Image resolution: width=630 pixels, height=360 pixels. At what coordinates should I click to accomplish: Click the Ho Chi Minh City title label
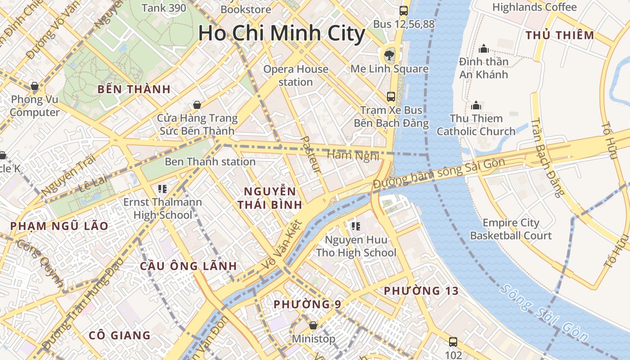pyautogui.click(x=282, y=34)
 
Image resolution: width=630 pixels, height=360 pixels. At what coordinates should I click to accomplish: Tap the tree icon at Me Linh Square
pyautogui.click(x=388, y=56)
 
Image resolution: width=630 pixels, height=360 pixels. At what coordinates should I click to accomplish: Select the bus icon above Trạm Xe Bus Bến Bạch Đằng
pyautogui.click(x=391, y=96)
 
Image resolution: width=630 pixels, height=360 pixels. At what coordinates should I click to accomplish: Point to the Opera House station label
pyautogui.click(x=296, y=76)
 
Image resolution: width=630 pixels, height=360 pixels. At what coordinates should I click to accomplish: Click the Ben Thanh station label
pyautogui.click(x=210, y=162)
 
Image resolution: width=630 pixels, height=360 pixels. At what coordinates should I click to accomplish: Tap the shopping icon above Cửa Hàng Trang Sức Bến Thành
pyautogui.click(x=197, y=105)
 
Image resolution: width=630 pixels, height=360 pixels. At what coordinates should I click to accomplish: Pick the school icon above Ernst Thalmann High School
pyautogui.click(x=162, y=189)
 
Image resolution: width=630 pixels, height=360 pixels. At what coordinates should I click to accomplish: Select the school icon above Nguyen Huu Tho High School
pyautogui.click(x=356, y=226)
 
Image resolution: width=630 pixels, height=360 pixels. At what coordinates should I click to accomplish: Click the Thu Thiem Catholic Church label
pyautogui.click(x=476, y=125)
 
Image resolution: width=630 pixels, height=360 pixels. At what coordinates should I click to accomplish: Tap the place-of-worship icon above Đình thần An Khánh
pyautogui.click(x=484, y=49)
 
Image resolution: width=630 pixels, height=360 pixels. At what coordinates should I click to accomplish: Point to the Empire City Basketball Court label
pyautogui.click(x=511, y=229)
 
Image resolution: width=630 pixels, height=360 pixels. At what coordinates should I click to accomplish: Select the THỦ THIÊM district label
pyautogui.click(x=560, y=35)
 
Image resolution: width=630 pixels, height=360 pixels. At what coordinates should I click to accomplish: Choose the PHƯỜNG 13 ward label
pyautogui.click(x=421, y=291)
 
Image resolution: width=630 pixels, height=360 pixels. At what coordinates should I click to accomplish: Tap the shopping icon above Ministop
pyautogui.click(x=313, y=325)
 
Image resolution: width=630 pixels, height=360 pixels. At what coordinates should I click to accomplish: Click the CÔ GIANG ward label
pyautogui.click(x=120, y=335)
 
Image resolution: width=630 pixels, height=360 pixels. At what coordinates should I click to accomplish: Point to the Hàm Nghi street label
pyautogui.click(x=353, y=155)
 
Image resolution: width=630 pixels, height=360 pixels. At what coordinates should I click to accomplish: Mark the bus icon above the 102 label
pyautogui.click(x=453, y=342)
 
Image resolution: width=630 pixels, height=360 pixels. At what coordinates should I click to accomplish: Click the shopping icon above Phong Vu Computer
pyautogui.click(x=34, y=85)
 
